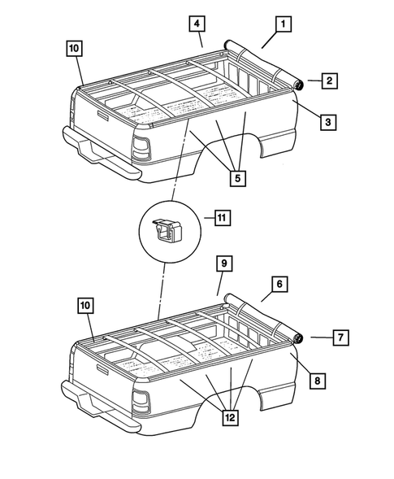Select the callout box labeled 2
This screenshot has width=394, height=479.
click(x=330, y=81)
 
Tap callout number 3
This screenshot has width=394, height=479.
click(x=327, y=122)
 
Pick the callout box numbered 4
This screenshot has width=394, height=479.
click(x=197, y=23)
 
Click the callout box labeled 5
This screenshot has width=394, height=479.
click(x=238, y=175)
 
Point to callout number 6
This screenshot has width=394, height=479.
click(x=278, y=284)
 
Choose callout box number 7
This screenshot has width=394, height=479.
click(x=341, y=337)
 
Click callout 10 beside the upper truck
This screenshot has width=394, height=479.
click(x=74, y=49)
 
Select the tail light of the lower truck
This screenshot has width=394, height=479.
click(x=141, y=402)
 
